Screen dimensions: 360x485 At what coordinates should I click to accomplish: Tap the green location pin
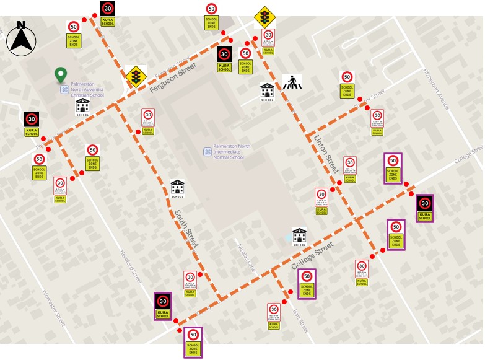[60, 75]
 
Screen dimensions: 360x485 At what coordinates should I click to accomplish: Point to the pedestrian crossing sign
[291, 82]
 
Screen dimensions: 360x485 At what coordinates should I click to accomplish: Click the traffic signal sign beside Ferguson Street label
[136, 77]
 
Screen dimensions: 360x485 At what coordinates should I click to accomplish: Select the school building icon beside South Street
[177, 188]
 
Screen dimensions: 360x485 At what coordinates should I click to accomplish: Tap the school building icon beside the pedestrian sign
[267, 92]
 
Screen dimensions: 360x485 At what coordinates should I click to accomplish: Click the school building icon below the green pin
[82, 107]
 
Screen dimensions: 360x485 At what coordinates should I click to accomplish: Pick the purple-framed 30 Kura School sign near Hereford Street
[163, 306]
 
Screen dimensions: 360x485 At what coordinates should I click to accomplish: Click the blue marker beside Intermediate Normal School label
[208, 151]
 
